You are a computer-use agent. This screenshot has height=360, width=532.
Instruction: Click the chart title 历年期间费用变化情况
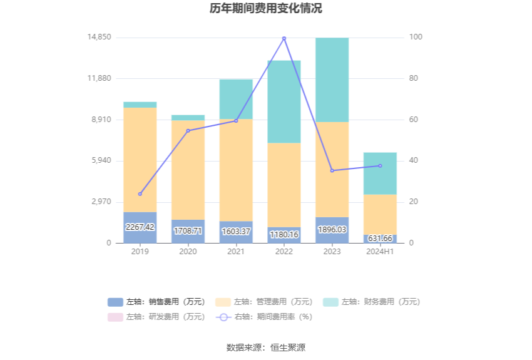click(x=265, y=9)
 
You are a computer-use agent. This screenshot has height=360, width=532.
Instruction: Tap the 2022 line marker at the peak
click(x=284, y=38)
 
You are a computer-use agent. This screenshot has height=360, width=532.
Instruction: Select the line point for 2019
click(x=140, y=194)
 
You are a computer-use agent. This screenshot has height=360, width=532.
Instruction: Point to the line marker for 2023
click(x=332, y=170)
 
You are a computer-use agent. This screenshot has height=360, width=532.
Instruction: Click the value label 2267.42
click(x=140, y=227)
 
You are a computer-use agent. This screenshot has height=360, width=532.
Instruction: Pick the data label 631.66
click(x=380, y=238)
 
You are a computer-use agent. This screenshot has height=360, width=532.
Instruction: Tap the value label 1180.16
click(x=284, y=234)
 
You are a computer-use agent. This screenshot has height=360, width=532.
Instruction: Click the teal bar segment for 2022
click(x=284, y=101)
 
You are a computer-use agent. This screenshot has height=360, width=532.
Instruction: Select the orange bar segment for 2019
click(x=140, y=160)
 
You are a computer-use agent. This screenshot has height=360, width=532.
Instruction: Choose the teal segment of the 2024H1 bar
click(x=380, y=173)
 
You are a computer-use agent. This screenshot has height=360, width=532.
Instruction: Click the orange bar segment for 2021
click(x=236, y=170)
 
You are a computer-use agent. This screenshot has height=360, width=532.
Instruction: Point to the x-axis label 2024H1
click(x=380, y=252)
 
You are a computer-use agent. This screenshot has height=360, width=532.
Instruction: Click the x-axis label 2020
click(x=188, y=252)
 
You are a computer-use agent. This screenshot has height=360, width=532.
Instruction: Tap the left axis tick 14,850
click(x=100, y=38)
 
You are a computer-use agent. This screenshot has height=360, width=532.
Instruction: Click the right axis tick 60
click(x=416, y=120)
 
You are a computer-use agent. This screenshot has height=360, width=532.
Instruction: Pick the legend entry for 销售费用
click(x=156, y=302)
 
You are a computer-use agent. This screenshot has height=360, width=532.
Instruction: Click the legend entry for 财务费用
click(x=371, y=302)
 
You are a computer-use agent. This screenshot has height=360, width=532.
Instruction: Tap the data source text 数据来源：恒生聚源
click(x=265, y=347)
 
